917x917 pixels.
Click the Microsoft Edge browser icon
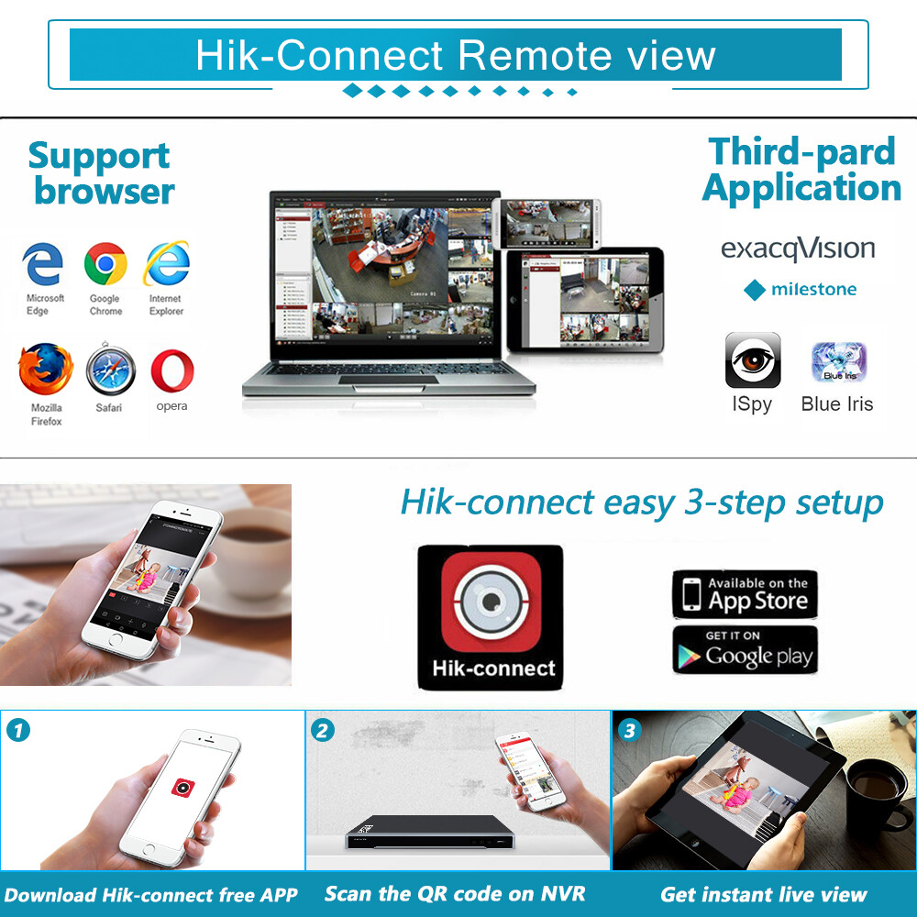(43, 265)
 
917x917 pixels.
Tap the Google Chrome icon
(105, 265)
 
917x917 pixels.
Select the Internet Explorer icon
(166, 264)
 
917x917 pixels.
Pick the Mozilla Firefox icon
(45, 370)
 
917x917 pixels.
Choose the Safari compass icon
(110, 371)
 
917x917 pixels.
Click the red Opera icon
(171, 370)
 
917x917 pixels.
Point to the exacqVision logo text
(798, 249)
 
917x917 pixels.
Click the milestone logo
(801, 290)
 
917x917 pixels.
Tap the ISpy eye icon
(753, 360)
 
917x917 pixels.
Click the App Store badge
(745, 594)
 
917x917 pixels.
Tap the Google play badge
(745, 649)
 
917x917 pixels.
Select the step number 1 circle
(17, 730)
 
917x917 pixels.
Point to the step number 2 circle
(323, 730)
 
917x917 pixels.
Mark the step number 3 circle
(628, 730)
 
